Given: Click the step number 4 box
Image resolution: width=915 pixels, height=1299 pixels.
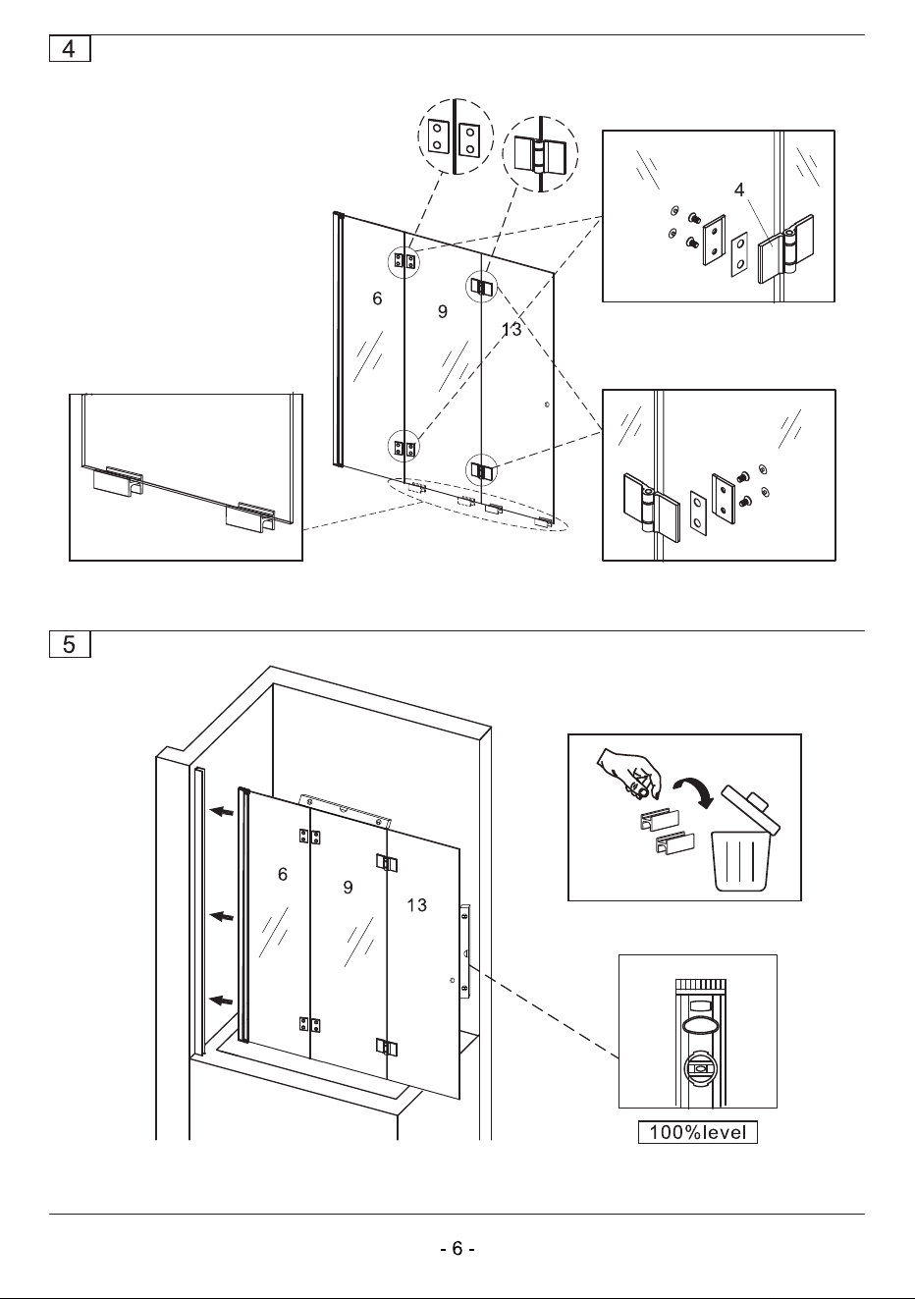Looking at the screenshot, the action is tap(70, 48).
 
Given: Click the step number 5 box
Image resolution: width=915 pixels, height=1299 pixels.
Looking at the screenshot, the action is tap(70, 644).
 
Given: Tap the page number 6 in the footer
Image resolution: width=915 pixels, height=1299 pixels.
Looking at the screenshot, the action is tap(457, 1248).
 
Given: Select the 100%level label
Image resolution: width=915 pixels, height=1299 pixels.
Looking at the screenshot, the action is tap(698, 1132).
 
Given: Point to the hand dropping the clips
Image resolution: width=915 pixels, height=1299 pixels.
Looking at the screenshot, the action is tap(629, 773).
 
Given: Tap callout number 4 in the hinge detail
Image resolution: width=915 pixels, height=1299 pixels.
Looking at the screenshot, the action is tap(738, 189).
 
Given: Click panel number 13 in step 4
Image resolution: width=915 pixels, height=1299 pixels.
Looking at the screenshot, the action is tap(511, 329).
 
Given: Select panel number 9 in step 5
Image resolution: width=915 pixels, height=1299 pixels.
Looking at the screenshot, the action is tap(348, 887).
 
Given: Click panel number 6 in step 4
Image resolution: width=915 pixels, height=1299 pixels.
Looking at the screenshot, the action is tap(377, 298).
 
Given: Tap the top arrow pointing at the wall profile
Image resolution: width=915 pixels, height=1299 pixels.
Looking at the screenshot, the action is tap(222, 811).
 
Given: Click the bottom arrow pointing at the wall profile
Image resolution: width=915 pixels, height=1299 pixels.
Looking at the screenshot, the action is tap(222, 1000).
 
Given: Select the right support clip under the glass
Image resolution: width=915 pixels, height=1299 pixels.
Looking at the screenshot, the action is tap(250, 514).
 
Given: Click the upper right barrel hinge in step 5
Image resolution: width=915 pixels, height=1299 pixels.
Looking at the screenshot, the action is tap(387, 863).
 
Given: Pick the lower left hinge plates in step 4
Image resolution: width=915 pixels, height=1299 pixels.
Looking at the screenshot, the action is tap(404, 448).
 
